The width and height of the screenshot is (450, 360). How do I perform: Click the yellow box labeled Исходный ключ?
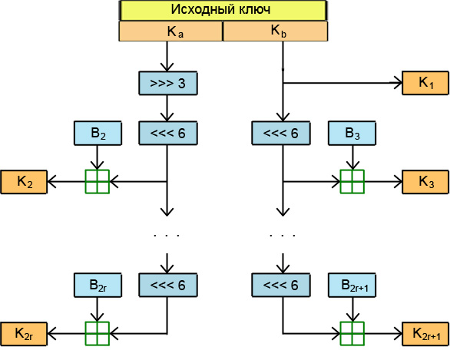(223, 10)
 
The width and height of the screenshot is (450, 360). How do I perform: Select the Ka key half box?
(171, 31)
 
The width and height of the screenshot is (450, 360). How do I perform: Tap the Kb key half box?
(275, 31)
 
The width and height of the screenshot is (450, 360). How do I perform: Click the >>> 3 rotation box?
(168, 83)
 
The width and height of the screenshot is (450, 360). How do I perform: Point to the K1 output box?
(425, 83)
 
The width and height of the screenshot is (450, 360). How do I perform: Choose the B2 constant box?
(98, 133)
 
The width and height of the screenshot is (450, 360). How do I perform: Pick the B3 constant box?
(352, 133)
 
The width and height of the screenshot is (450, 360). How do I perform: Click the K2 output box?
(24, 182)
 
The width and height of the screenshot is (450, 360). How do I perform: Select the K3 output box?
(425, 182)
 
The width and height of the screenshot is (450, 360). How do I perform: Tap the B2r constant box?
(98, 285)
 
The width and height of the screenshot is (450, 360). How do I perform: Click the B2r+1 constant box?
(352, 285)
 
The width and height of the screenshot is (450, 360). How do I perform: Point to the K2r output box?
(24, 334)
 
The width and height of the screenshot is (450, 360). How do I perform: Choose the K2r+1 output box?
(425, 334)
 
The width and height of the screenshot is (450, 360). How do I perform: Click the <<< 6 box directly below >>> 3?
(168, 133)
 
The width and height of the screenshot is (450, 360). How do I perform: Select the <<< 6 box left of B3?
(281, 133)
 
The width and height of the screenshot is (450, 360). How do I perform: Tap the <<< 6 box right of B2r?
(168, 285)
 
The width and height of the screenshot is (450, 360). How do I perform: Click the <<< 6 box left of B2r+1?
(281, 285)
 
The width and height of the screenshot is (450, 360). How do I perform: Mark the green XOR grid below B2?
(98, 182)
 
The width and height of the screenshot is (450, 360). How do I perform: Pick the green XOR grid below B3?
(352, 182)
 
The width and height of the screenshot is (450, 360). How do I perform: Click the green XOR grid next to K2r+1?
(352, 334)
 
